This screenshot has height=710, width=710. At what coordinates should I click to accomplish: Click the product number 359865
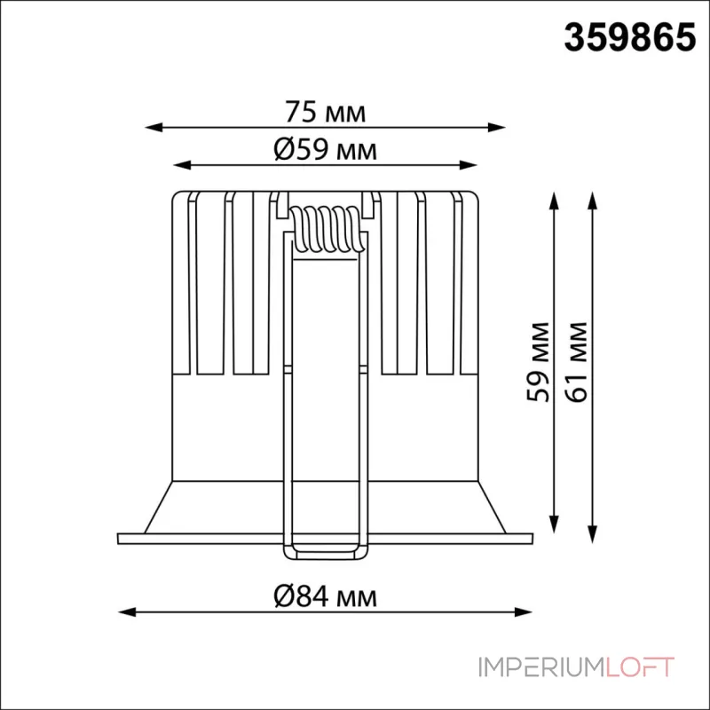pos(629,38)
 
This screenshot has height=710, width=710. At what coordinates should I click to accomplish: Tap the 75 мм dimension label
pos(325,113)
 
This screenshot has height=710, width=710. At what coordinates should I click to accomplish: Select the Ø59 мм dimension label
pos(325,149)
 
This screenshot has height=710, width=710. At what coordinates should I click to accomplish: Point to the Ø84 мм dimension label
pos(325,597)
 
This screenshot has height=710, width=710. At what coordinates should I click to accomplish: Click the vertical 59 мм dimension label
pos(539,362)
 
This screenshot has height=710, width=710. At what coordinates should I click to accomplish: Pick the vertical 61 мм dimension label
pos(576,362)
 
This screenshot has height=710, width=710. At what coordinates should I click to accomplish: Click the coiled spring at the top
pos(327,230)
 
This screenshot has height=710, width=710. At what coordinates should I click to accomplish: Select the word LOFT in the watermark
pos(639,667)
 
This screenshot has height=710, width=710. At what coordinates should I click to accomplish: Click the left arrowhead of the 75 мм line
pos(153,127)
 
